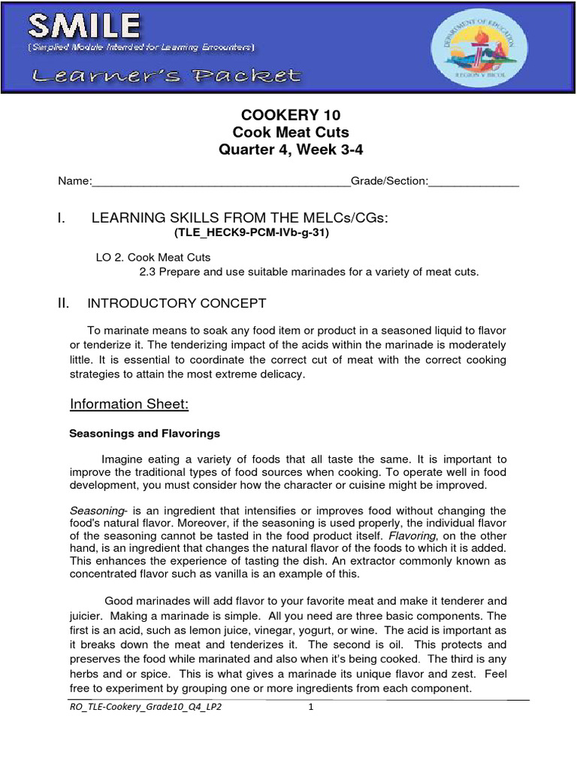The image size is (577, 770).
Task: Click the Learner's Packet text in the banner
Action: coord(165,76)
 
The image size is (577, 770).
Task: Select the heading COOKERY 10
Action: coord(290,115)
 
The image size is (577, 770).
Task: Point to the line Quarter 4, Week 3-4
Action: coord(290,149)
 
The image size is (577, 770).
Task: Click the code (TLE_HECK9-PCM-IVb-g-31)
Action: coord(252,233)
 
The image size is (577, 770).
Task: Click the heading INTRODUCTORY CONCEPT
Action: coord(177,304)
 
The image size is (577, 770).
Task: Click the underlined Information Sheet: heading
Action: coord(128,405)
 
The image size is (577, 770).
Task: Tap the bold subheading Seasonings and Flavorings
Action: coord(144,434)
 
